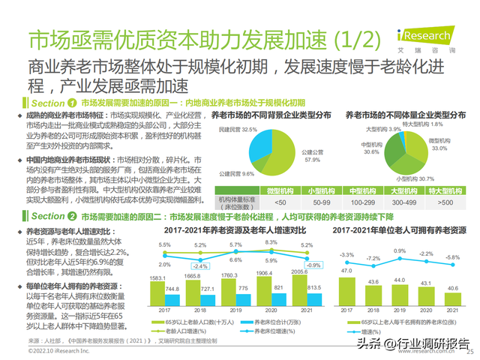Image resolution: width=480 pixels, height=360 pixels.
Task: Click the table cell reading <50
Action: pos(260,202)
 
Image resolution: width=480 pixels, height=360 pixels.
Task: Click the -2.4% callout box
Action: pos(199,265)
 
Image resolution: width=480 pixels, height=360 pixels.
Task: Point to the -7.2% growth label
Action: pos(373,258)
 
